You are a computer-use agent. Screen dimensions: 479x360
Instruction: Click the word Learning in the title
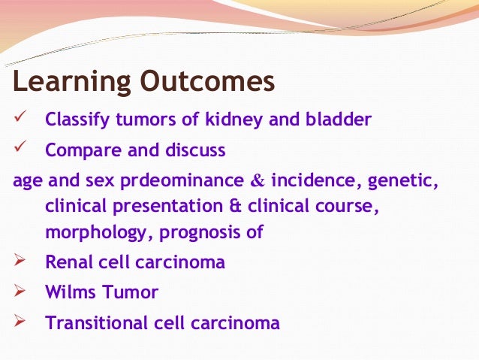tap(72, 82)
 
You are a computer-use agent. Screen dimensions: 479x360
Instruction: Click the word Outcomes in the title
tap(208, 80)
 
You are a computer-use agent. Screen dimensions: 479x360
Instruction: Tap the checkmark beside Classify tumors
tap(20, 116)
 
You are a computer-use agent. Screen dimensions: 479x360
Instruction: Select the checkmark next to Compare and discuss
tap(20, 147)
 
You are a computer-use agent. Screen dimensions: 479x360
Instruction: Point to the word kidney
tap(233, 119)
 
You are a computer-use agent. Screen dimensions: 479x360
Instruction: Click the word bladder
tap(338, 119)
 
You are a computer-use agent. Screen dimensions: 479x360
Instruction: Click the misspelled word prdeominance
tap(182, 181)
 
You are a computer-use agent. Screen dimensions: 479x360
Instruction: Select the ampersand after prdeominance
tap(258, 180)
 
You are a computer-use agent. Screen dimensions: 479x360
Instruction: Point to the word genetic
tap(403, 181)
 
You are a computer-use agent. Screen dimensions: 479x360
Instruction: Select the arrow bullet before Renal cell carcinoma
tap(20, 260)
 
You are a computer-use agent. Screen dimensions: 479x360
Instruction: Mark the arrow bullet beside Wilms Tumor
tap(20, 291)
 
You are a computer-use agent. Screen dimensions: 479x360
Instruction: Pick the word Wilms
tap(71, 292)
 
